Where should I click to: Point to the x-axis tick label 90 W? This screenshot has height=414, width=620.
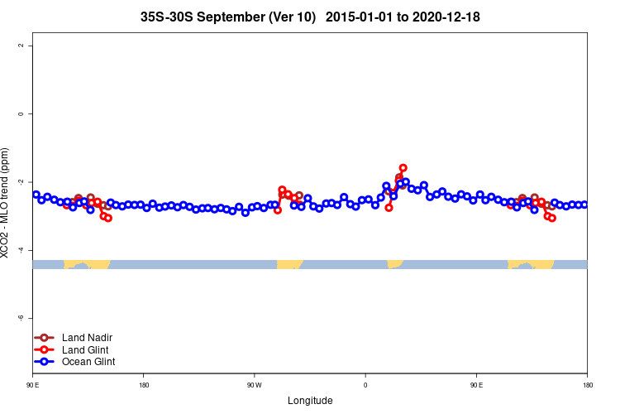(x=254, y=385)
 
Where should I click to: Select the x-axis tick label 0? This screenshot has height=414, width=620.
(x=365, y=385)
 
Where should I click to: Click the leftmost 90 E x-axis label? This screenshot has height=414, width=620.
(x=32, y=385)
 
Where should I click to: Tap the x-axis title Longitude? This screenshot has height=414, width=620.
(x=310, y=401)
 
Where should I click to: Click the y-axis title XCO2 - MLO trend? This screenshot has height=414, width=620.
(x=7, y=203)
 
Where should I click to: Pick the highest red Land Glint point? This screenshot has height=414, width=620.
(x=403, y=168)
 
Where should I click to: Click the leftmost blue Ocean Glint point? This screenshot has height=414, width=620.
(x=36, y=195)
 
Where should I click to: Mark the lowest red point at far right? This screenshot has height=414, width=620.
(x=552, y=218)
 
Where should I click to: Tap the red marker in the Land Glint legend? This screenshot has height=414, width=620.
(x=44, y=349)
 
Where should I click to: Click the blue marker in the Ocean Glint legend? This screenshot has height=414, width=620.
(x=44, y=362)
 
